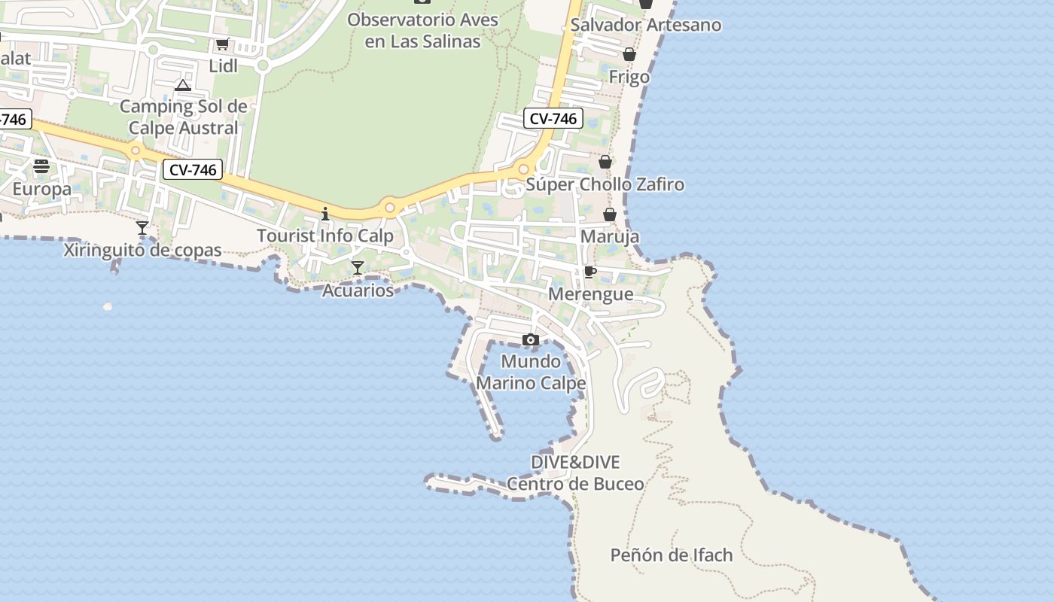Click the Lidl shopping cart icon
coord(222,45)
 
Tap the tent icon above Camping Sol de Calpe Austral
coord(183,85)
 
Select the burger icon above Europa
coord(41,166)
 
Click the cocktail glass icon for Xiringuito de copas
coord(142,228)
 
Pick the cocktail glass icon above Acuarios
coord(358,268)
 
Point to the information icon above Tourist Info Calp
coord(325,214)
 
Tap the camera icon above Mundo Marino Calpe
coord(531,340)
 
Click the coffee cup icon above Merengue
coord(590,272)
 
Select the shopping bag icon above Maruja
coord(610,214)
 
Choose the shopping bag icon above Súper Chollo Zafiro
coord(605,162)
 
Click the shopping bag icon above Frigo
coord(629,54)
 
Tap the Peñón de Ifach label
coord(671,555)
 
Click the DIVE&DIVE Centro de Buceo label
coord(575,473)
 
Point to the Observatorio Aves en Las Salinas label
coord(422,30)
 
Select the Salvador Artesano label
coord(645,25)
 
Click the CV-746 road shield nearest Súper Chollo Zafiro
coord(553,118)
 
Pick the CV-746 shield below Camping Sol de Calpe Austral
coord(193,170)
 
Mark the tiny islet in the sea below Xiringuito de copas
coord(107,307)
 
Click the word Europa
coord(41,189)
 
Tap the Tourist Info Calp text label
coord(325,236)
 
